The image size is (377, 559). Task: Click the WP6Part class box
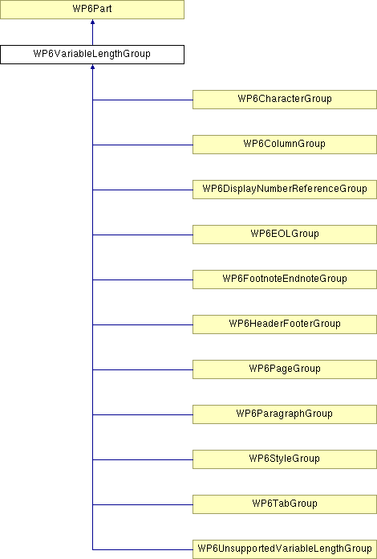(92, 10)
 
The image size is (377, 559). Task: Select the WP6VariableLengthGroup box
(92, 55)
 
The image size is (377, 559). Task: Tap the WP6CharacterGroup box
(285, 100)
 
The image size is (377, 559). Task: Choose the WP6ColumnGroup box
(285, 145)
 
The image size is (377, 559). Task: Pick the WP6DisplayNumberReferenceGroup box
(285, 190)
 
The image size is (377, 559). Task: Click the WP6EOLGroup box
(285, 235)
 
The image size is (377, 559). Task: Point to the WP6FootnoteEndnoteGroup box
(285, 279)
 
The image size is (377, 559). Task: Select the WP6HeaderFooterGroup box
(285, 324)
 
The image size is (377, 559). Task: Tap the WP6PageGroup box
(285, 369)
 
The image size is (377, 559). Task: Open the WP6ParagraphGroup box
(285, 414)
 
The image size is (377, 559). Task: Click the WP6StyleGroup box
(285, 459)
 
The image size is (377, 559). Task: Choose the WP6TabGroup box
(285, 504)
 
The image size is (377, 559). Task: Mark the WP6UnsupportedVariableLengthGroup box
(285, 549)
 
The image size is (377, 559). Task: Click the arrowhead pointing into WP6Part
(92, 22)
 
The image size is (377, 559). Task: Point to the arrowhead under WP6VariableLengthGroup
(92, 67)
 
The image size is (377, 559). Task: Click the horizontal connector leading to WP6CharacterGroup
(143, 100)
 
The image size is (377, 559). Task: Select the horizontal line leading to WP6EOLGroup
(143, 235)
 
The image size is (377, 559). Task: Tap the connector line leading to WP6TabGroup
(143, 504)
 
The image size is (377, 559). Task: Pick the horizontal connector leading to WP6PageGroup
(143, 369)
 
